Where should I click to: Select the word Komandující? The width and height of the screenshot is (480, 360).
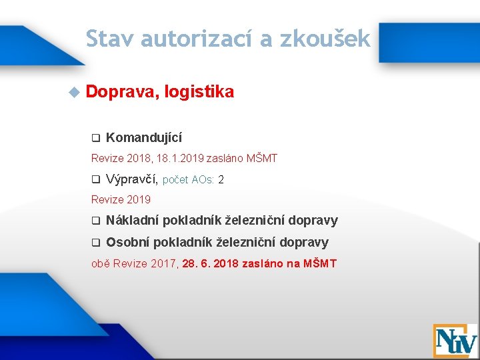point(143,137)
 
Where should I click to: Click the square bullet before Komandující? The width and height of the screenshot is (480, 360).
point(95,138)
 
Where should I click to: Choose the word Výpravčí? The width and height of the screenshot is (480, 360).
point(132,179)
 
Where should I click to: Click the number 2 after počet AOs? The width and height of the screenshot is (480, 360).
point(221,180)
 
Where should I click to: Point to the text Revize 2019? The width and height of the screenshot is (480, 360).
point(121,199)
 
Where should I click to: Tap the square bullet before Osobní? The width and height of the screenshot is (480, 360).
point(95,243)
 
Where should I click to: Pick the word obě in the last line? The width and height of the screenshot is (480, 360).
point(100,263)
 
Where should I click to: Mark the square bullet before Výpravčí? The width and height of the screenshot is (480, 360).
point(95,179)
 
